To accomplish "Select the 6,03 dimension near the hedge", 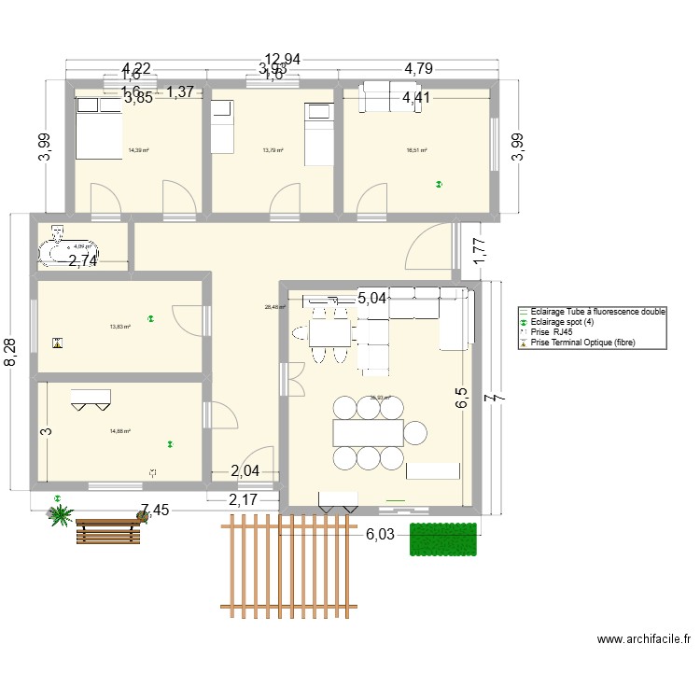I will [380, 534].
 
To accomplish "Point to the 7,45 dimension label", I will [156, 511].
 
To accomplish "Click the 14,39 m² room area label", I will [138, 149].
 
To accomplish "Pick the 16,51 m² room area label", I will [416, 150].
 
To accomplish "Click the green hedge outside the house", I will [442, 539].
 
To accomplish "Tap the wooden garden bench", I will [107, 529].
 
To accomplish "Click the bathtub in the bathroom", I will [63, 248].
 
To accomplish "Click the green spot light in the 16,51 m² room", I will [438, 185].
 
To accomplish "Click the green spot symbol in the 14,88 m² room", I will [170, 443].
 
